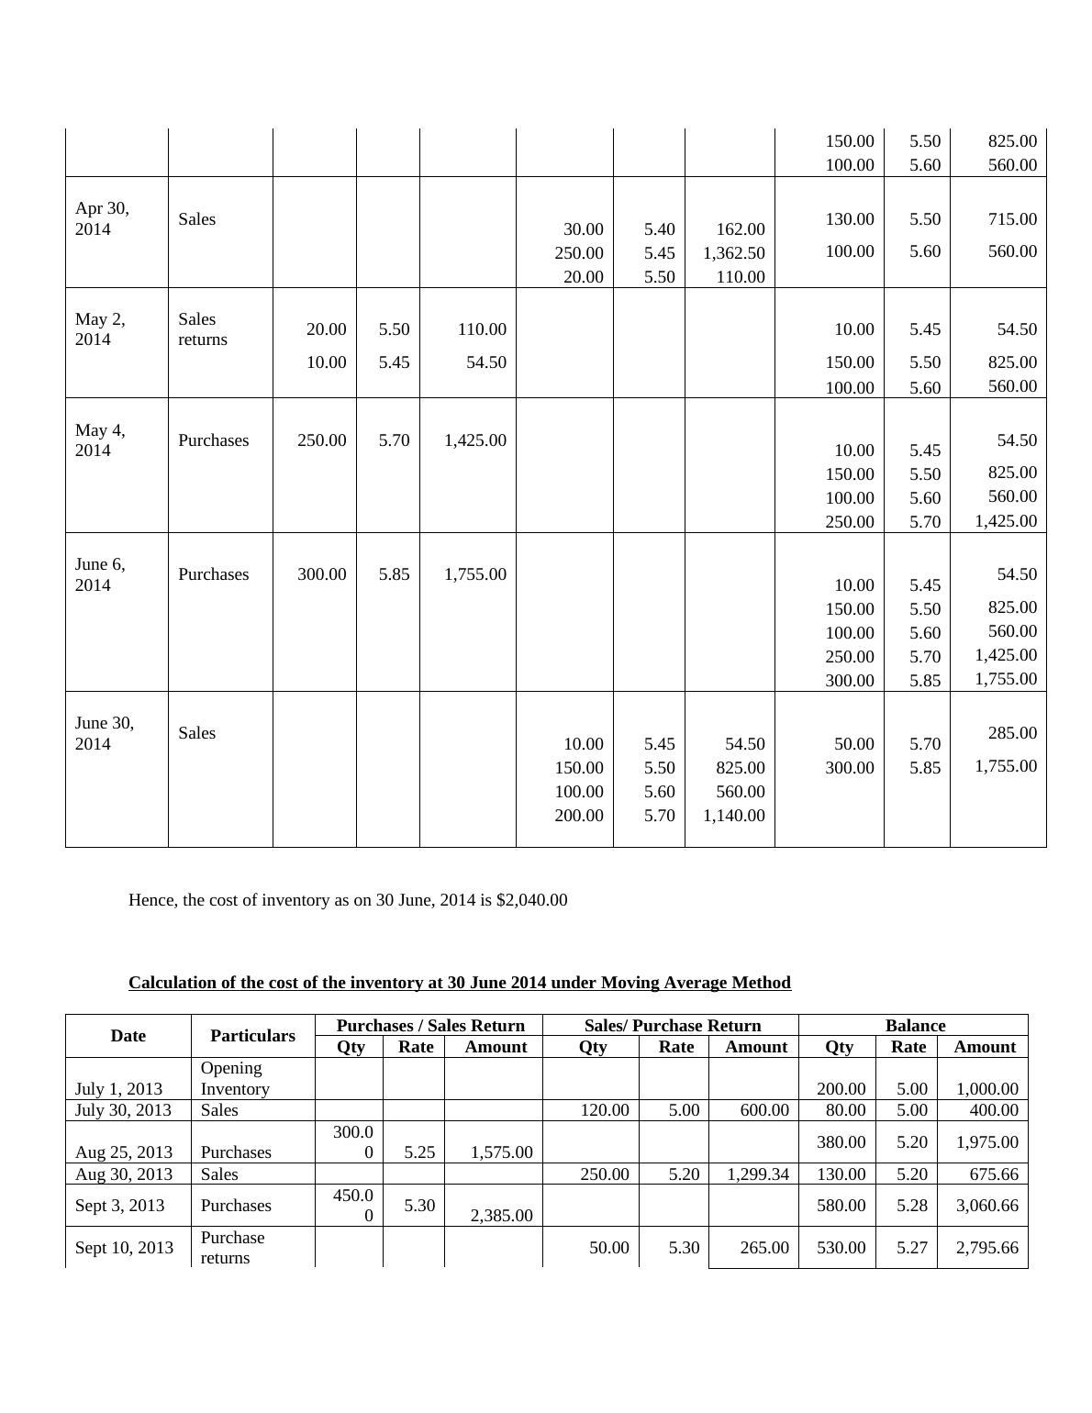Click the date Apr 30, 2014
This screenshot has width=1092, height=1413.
(102, 218)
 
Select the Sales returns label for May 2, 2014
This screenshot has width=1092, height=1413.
(203, 329)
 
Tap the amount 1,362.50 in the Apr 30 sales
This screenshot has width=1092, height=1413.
(733, 252)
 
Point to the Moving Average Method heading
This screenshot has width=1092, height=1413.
(459, 983)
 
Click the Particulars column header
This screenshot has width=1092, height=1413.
(252, 1036)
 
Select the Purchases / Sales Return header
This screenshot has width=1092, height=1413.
(430, 1026)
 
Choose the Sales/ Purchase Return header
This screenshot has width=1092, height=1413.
(672, 1026)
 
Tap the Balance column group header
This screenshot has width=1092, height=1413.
(914, 1026)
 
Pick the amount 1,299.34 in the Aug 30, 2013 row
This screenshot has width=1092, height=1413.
(756, 1174)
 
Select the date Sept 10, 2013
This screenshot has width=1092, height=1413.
(124, 1248)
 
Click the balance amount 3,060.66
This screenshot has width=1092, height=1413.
(986, 1206)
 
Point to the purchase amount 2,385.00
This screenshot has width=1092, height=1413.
(501, 1216)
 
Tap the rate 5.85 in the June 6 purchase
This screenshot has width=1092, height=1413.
(394, 574)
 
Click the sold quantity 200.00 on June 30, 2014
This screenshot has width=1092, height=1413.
(579, 816)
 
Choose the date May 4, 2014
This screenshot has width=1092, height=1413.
(100, 440)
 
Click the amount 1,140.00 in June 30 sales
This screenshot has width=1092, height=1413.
(733, 816)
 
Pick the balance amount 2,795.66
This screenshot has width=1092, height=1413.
(986, 1248)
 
